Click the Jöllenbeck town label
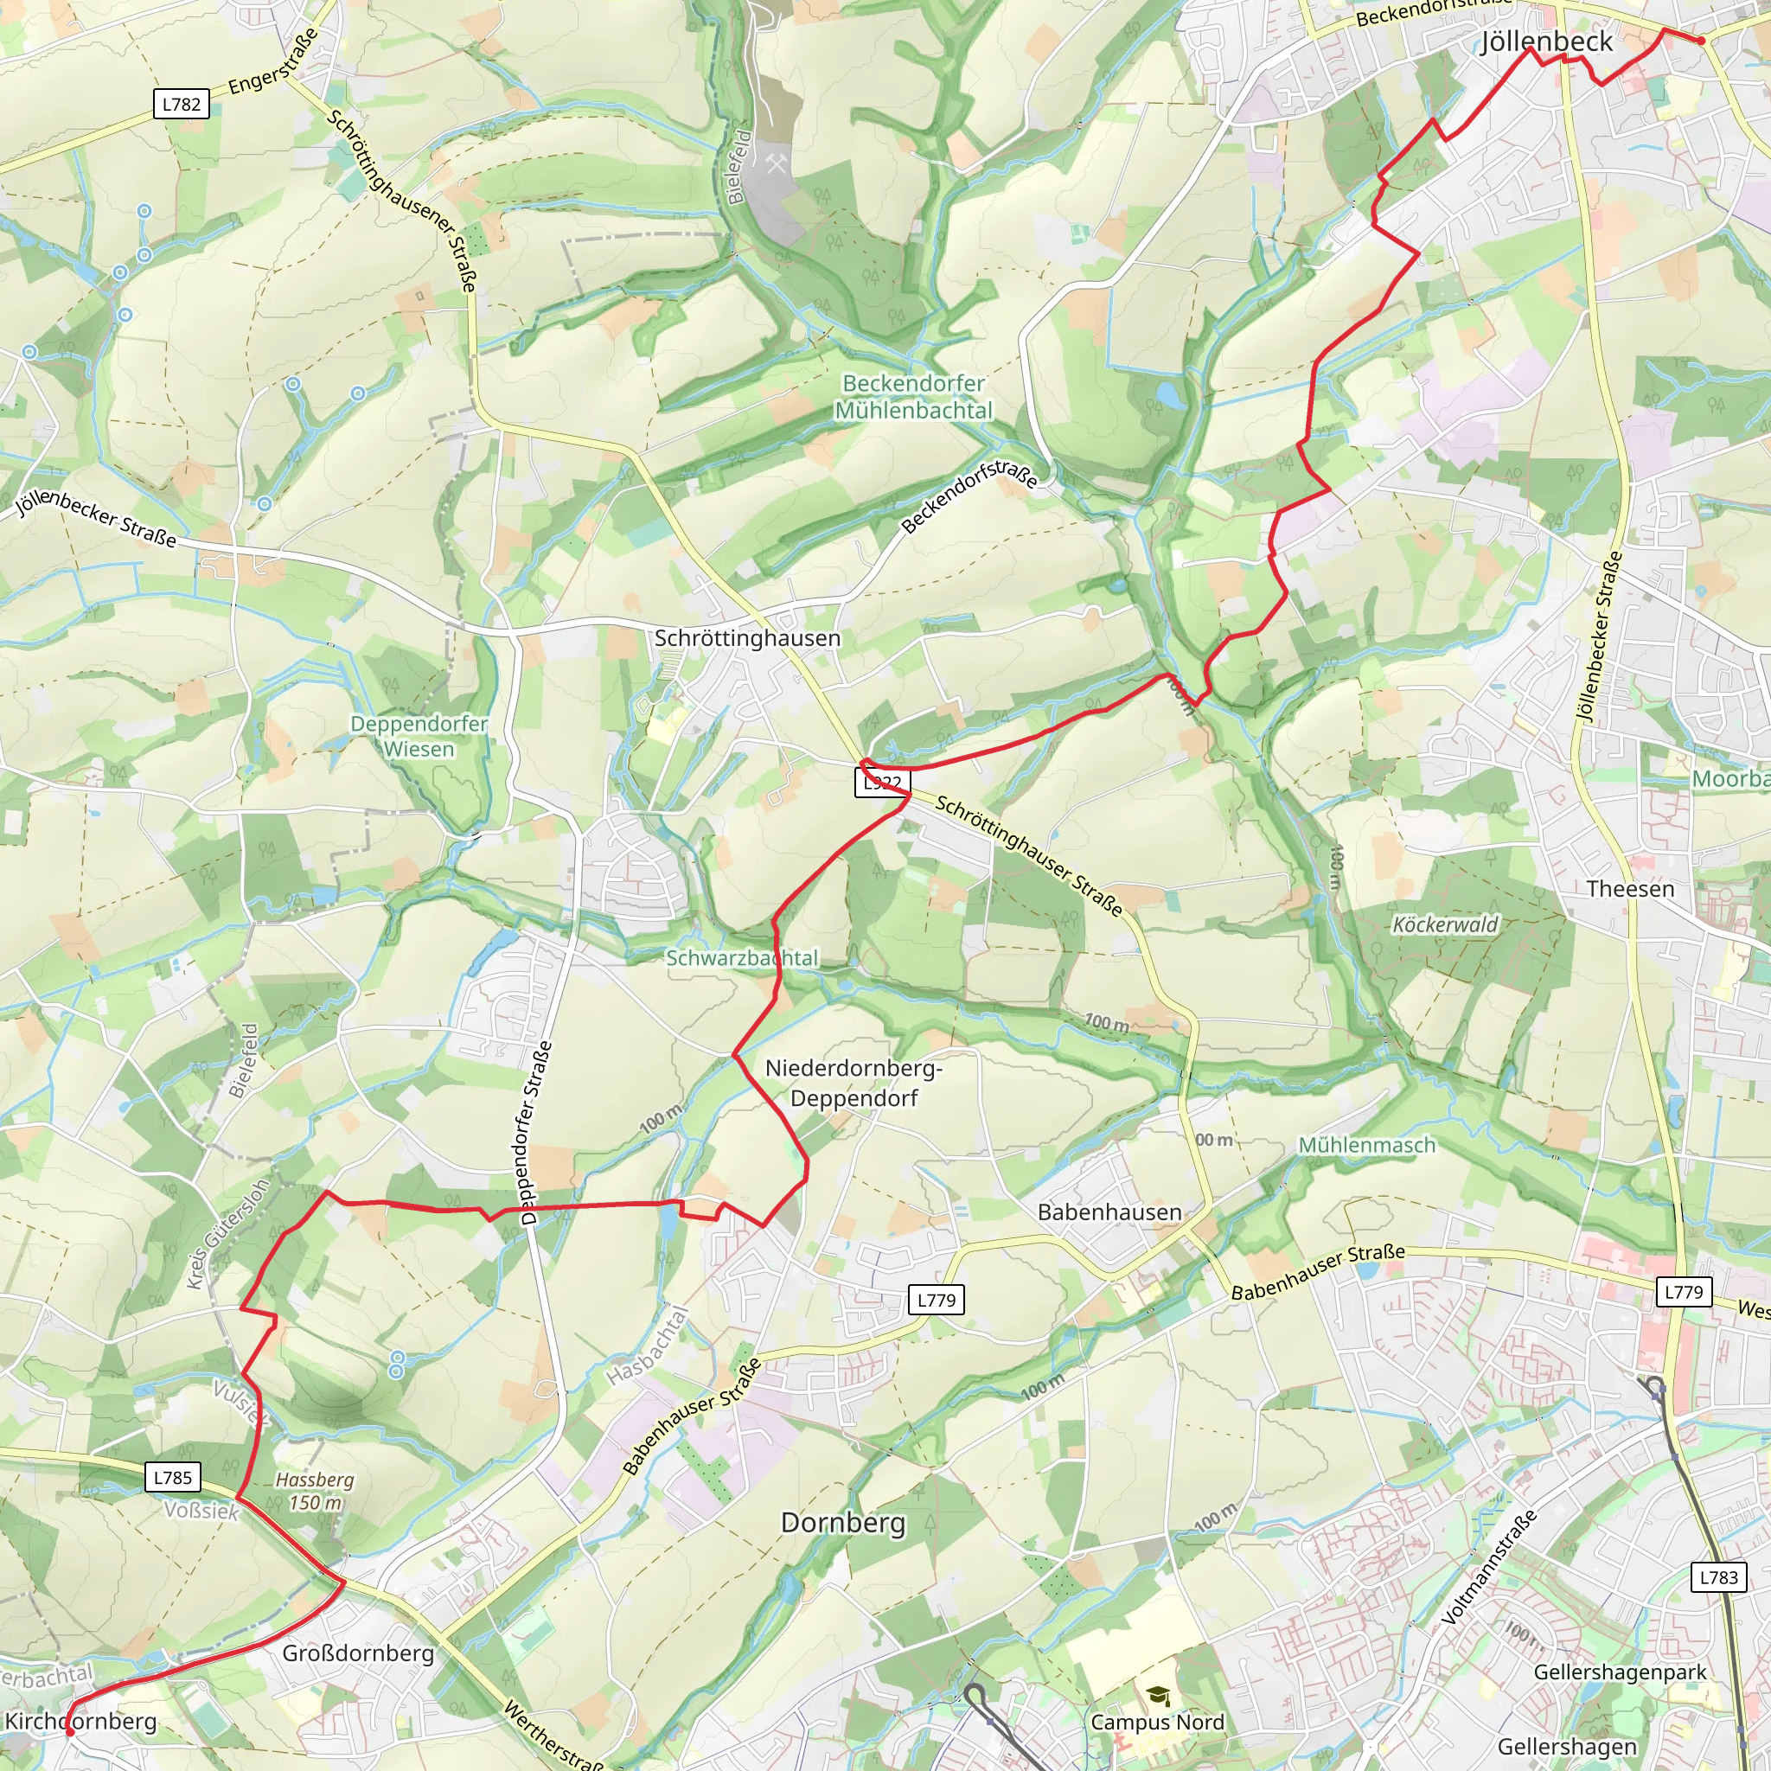point(1545,42)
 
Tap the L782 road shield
point(181,104)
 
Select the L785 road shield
point(173,1477)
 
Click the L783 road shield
point(1718,1576)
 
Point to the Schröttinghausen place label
point(747,638)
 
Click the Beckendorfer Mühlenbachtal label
point(913,397)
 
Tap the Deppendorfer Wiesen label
point(419,736)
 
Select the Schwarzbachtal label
point(742,958)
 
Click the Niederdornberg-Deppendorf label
point(854,1083)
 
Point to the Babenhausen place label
point(1109,1212)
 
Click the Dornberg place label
point(842,1523)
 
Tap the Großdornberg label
point(357,1653)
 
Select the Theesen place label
point(1630,888)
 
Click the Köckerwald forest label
point(1445,924)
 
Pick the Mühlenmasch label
point(1367,1145)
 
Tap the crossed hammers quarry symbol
point(777,164)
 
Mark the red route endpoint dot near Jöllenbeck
point(1700,41)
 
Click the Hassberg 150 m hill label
point(315,1491)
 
